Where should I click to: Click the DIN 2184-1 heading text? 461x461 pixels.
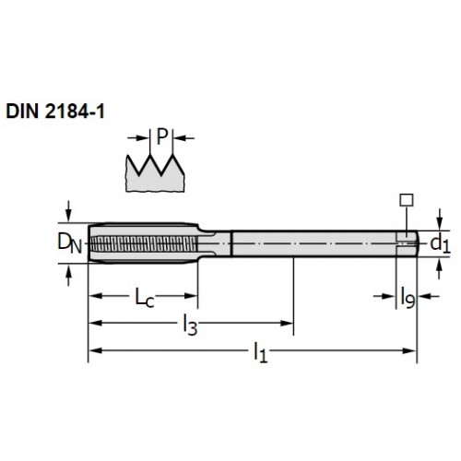click(55, 112)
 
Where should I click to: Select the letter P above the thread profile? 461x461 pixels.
click(162, 136)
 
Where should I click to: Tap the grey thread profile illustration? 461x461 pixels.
click(155, 173)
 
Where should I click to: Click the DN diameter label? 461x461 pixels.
click(70, 243)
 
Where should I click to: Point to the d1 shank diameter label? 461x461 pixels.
click(441, 243)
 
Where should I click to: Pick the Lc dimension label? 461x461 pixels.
click(145, 297)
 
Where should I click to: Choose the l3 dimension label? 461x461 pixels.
click(190, 325)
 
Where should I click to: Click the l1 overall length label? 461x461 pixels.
click(260, 352)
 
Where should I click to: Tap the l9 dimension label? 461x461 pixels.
click(408, 298)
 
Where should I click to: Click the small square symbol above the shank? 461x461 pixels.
click(407, 200)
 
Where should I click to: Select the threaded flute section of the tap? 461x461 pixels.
click(144, 243)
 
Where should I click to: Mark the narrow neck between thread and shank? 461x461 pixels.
click(215, 243)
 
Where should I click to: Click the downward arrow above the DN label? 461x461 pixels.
click(68, 211)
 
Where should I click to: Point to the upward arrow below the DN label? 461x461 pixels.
click(68, 276)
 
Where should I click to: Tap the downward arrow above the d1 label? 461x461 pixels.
click(440, 219)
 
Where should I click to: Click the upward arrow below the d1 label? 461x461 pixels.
click(440, 268)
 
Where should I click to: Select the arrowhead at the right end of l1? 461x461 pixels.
click(409, 350)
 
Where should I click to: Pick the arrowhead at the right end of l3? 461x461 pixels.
click(287, 323)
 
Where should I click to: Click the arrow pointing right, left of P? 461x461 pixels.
click(138, 138)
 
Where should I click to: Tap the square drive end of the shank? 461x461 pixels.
click(407, 243)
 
